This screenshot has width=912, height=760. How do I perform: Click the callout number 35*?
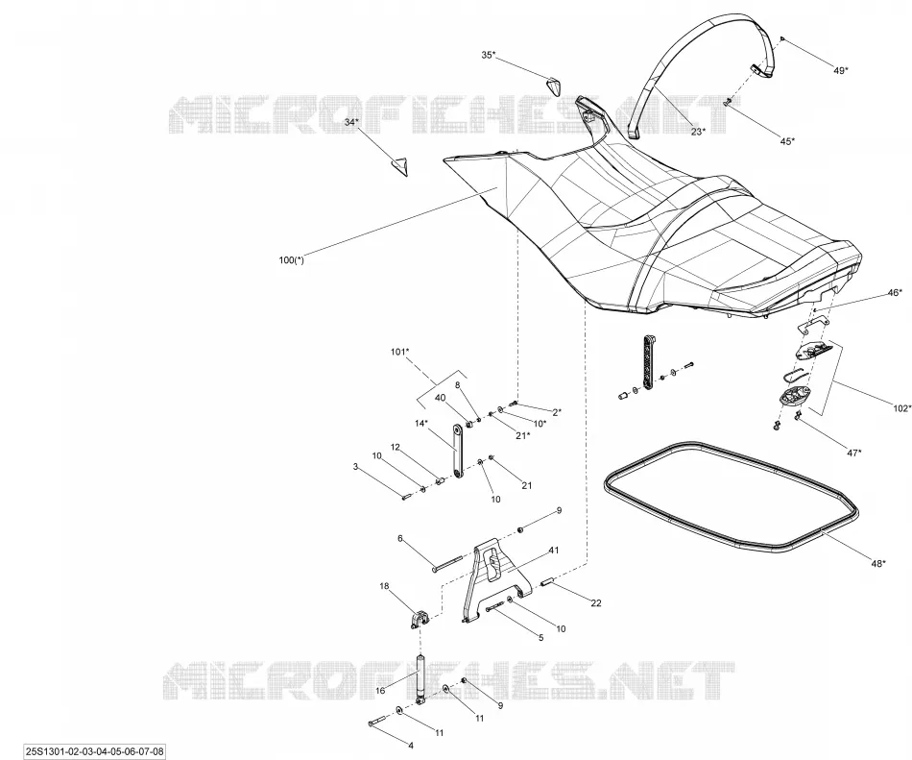(489, 55)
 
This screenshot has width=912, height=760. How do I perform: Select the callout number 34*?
(352, 122)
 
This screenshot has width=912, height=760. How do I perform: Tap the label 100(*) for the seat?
(292, 260)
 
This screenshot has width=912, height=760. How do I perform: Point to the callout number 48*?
(878, 563)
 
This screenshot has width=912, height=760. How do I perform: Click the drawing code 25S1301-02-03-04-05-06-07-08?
(95, 751)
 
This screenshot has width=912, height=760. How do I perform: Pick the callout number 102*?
(903, 408)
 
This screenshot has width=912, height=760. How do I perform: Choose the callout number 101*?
(399, 352)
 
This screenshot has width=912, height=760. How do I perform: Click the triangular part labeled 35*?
(553, 86)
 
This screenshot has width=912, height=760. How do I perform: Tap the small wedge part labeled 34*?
(400, 166)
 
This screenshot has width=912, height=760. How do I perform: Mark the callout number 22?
(596, 602)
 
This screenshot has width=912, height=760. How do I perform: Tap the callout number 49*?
(840, 70)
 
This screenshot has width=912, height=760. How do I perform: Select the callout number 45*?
(787, 140)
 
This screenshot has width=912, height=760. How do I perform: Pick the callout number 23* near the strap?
(698, 132)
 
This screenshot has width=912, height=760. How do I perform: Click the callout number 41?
(554, 550)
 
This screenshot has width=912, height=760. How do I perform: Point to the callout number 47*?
(853, 453)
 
